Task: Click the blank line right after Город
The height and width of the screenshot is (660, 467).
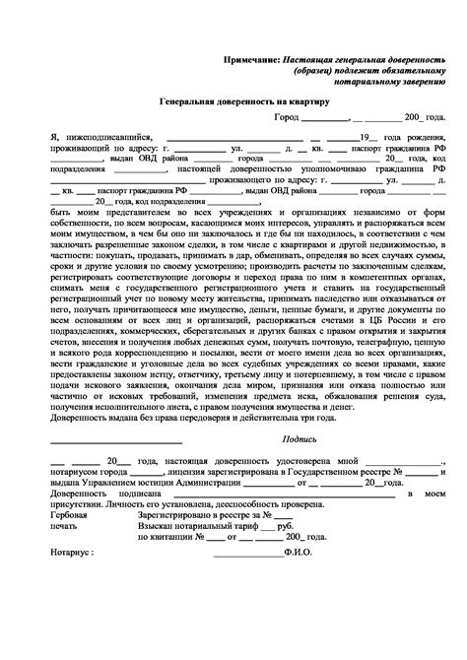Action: (x=328, y=118)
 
